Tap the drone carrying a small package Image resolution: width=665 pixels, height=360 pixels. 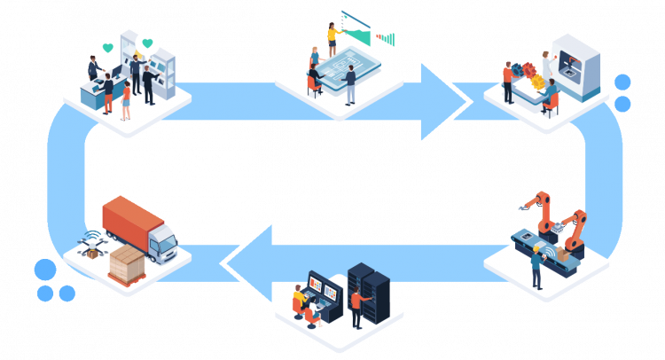click(90, 241)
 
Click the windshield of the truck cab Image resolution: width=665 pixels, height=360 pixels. click(166, 239)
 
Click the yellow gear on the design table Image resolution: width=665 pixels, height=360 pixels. click(538, 81)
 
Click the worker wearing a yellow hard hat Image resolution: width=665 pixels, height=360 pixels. click(536, 266)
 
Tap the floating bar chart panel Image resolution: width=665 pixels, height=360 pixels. click(386, 35)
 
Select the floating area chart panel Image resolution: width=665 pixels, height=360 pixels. click(356, 26)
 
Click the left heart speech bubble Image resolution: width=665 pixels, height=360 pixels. click(107, 47)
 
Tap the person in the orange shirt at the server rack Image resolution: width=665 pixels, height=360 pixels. click(356, 307)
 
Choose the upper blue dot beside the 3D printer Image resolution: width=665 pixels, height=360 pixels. click(622, 82)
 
